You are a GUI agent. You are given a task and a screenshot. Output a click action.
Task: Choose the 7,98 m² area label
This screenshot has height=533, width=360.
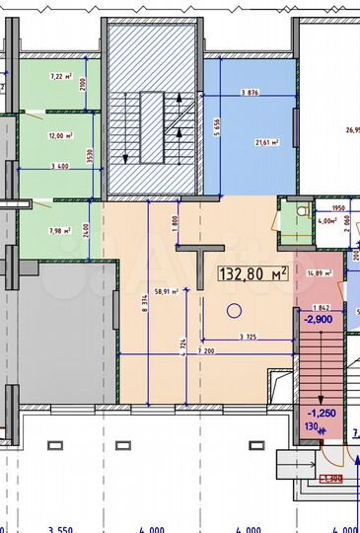pos(59,231)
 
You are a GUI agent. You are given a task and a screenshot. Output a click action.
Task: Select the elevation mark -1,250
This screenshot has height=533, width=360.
pos(324,414)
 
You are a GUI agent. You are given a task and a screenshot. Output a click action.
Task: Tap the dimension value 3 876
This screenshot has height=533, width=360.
pos(252,93)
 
